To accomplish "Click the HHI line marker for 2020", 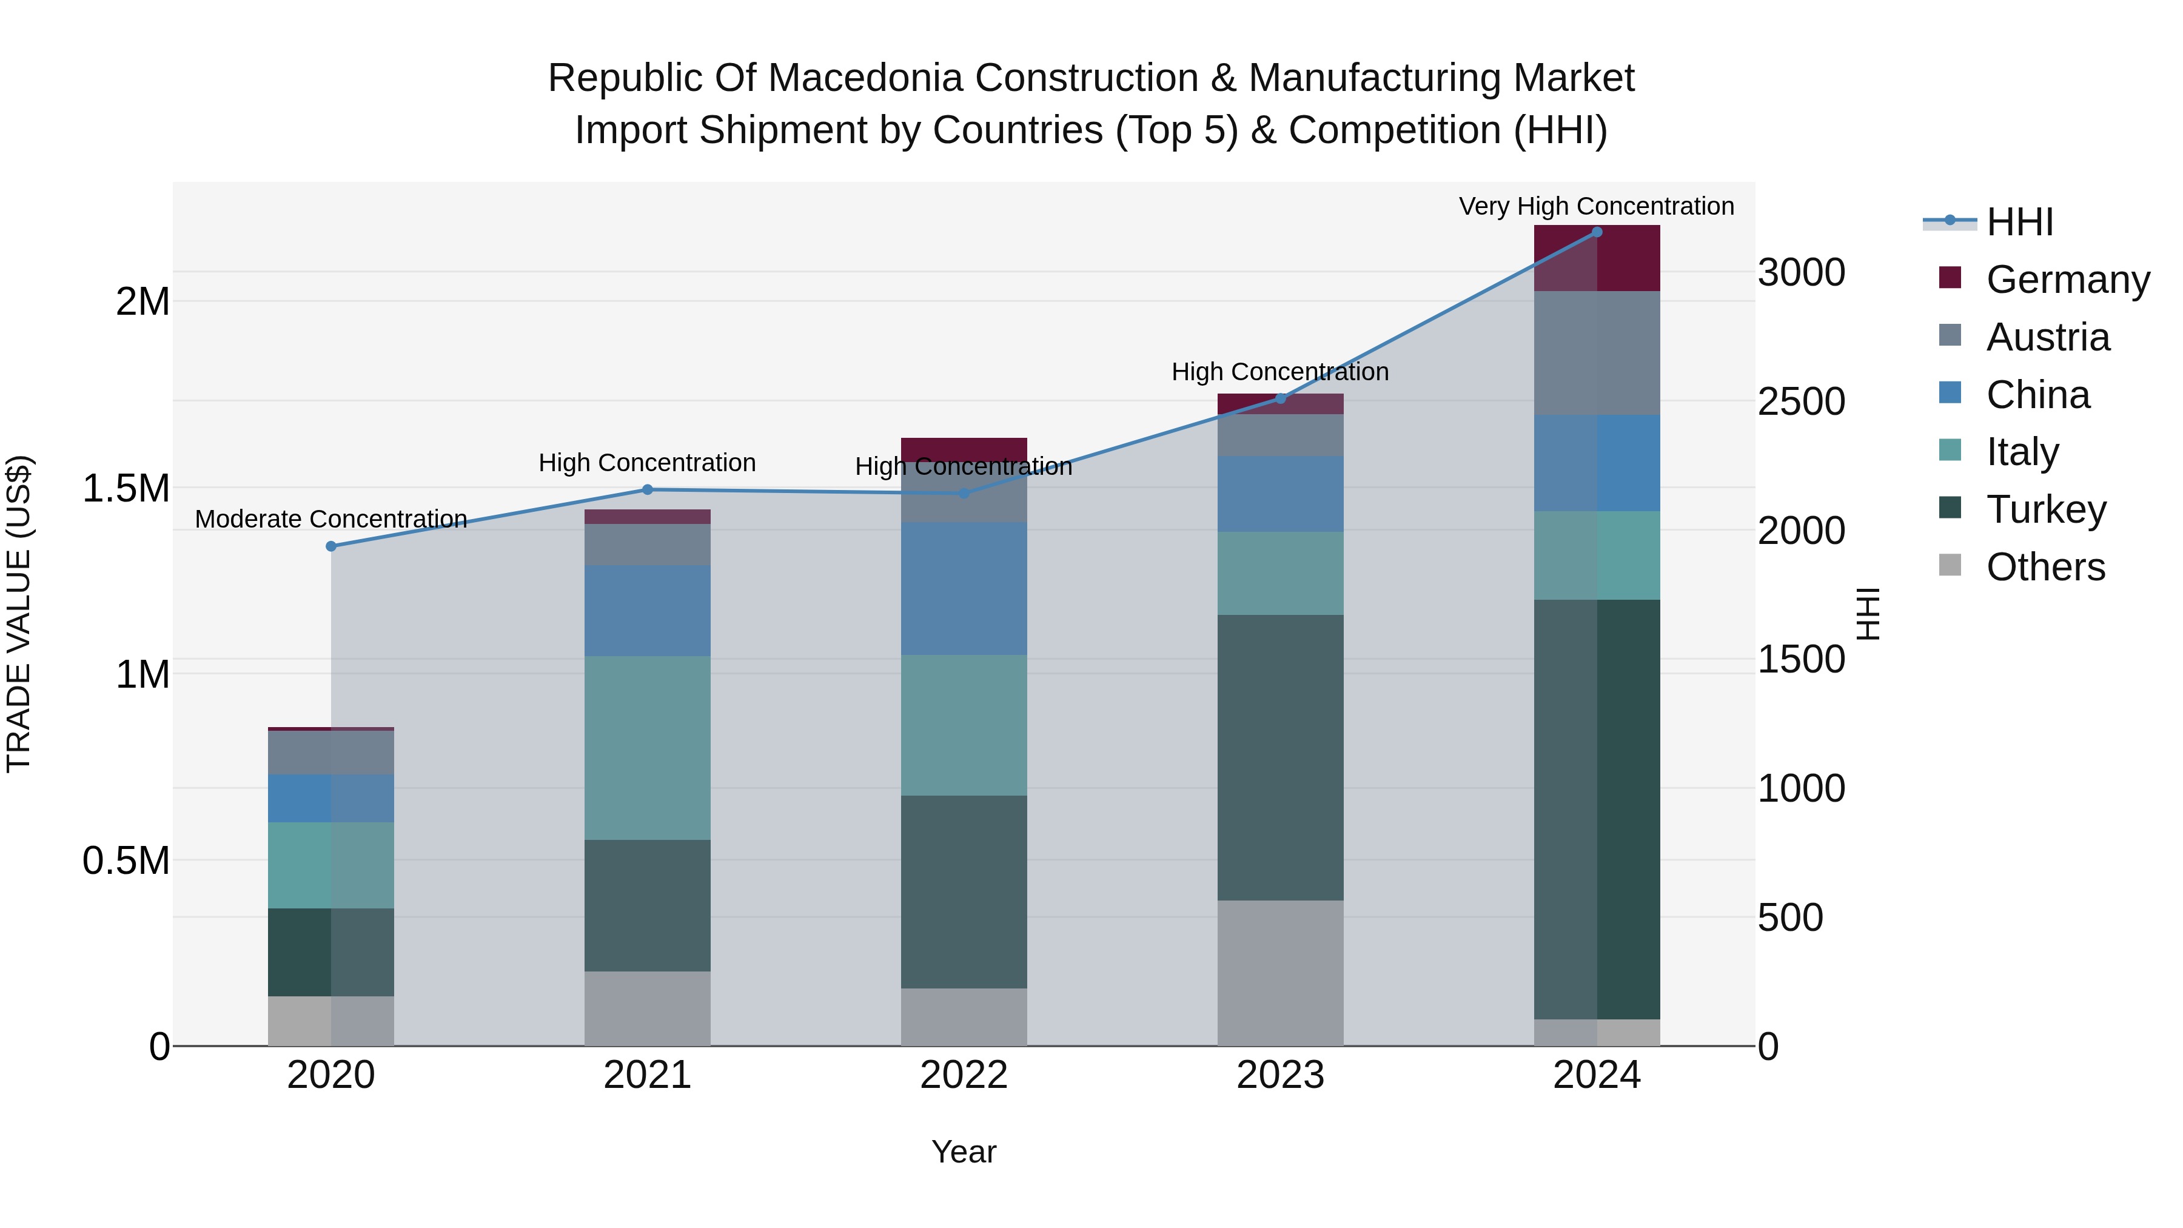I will tap(331, 546).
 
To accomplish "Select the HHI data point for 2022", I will tap(964, 493).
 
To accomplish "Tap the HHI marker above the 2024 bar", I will tap(1597, 232).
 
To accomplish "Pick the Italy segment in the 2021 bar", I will tap(648, 748).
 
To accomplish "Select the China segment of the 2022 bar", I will tap(964, 588).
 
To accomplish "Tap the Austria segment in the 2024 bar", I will tap(1597, 354).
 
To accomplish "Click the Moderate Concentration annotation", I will tap(331, 518).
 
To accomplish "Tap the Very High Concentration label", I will tap(1597, 206).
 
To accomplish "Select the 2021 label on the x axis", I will tap(648, 1075).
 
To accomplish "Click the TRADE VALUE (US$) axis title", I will tap(19, 614).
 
